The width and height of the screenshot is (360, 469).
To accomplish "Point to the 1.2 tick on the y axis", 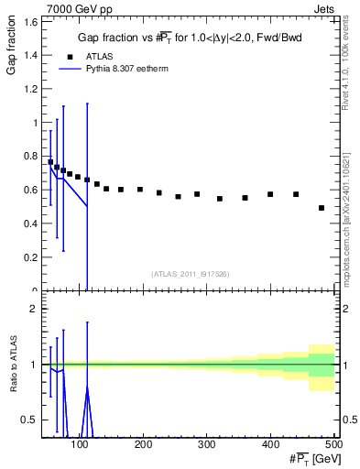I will [30, 89].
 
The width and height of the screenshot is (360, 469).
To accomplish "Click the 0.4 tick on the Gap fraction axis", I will [30, 224].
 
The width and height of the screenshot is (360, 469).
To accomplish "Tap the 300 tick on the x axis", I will [207, 444].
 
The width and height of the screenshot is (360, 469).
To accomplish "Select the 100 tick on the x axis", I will [81, 444].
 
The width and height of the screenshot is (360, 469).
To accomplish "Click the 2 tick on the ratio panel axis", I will [34, 309].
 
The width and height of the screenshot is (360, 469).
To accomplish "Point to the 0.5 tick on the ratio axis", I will [30, 420].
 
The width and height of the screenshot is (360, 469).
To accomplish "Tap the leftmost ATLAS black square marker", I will [50, 162].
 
